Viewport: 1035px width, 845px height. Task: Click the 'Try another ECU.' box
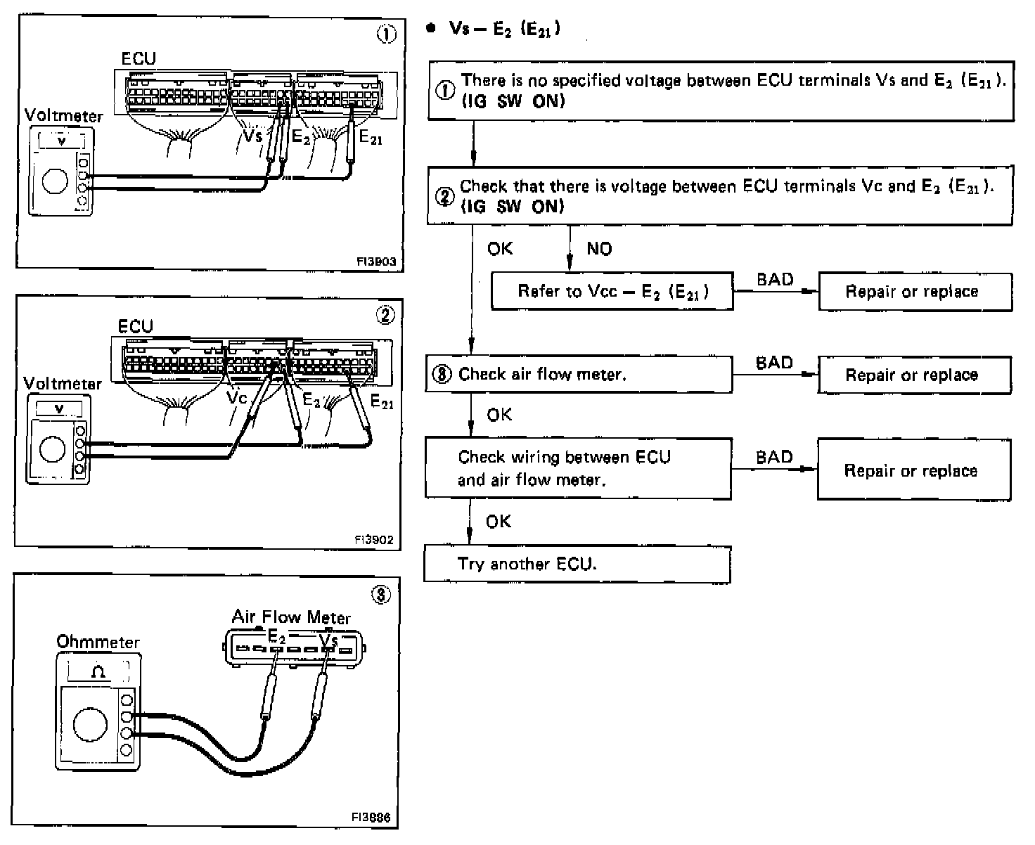[577, 564]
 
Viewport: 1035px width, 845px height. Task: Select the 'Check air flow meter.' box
[579, 374]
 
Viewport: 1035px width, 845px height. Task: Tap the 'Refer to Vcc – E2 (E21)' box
[612, 291]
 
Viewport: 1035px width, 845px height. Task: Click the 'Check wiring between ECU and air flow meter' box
[577, 468]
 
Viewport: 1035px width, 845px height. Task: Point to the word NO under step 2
[599, 249]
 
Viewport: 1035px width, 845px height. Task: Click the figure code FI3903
[376, 262]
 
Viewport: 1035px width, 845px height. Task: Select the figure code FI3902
[375, 540]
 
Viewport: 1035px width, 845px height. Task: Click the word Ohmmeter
[98, 642]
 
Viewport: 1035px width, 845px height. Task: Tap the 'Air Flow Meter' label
[291, 617]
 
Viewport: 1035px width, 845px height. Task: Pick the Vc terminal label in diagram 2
[237, 397]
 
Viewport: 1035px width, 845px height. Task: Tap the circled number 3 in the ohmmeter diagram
[380, 595]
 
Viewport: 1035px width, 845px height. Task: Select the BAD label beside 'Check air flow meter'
[774, 363]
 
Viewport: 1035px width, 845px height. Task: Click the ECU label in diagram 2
[135, 326]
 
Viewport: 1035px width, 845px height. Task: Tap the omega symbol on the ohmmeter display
[98, 672]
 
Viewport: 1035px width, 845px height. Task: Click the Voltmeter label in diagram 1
[63, 115]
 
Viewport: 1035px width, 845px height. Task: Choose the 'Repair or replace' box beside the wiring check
[913, 470]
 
